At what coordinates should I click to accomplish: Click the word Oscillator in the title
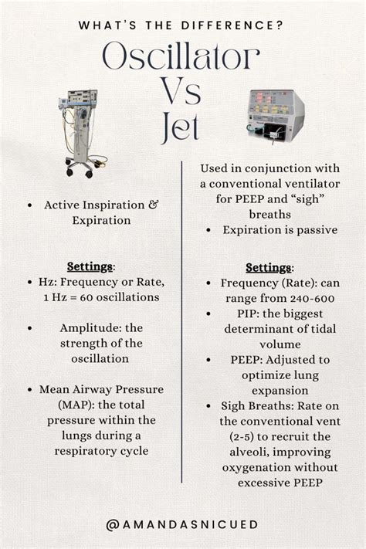181,59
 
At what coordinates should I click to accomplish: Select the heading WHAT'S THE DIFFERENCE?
182,25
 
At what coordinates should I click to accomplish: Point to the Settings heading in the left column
90,266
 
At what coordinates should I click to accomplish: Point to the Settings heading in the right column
269,268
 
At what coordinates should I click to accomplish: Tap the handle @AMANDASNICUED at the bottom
183,524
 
